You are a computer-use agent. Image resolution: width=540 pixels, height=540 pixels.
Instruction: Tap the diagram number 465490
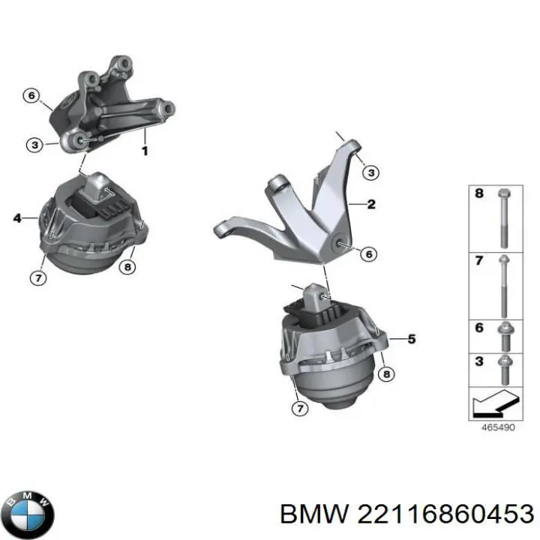point(498,427)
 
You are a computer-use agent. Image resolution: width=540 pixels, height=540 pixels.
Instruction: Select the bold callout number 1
point(145,151)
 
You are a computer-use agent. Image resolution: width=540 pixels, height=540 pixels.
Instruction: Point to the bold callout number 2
point(371,204)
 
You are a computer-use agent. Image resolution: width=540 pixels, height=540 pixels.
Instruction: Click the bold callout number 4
point(17,218)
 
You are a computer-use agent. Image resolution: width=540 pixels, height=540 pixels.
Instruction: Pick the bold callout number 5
point(412,339)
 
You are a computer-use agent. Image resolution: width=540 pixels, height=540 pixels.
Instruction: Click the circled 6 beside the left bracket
point(31,95)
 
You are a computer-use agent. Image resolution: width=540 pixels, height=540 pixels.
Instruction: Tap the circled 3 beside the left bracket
point(34,145)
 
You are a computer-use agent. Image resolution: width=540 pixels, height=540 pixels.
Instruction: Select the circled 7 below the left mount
point(38,277)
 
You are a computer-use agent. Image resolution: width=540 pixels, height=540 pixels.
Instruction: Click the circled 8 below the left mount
point(127,266)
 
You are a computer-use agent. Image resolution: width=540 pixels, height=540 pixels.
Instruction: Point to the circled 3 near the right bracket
point(371,172)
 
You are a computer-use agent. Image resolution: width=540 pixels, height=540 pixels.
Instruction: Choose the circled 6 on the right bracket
point(369,254)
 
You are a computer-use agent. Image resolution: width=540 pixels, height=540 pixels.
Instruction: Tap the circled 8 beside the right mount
point(386,374)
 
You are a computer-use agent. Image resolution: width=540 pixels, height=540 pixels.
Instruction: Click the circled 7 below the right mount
point(299,409)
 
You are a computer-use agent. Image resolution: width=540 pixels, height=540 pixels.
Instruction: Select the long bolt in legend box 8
point(504,218)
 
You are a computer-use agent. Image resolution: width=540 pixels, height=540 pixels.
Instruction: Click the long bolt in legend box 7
point(504,286)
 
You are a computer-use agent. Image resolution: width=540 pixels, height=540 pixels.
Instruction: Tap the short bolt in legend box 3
point(505,370)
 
